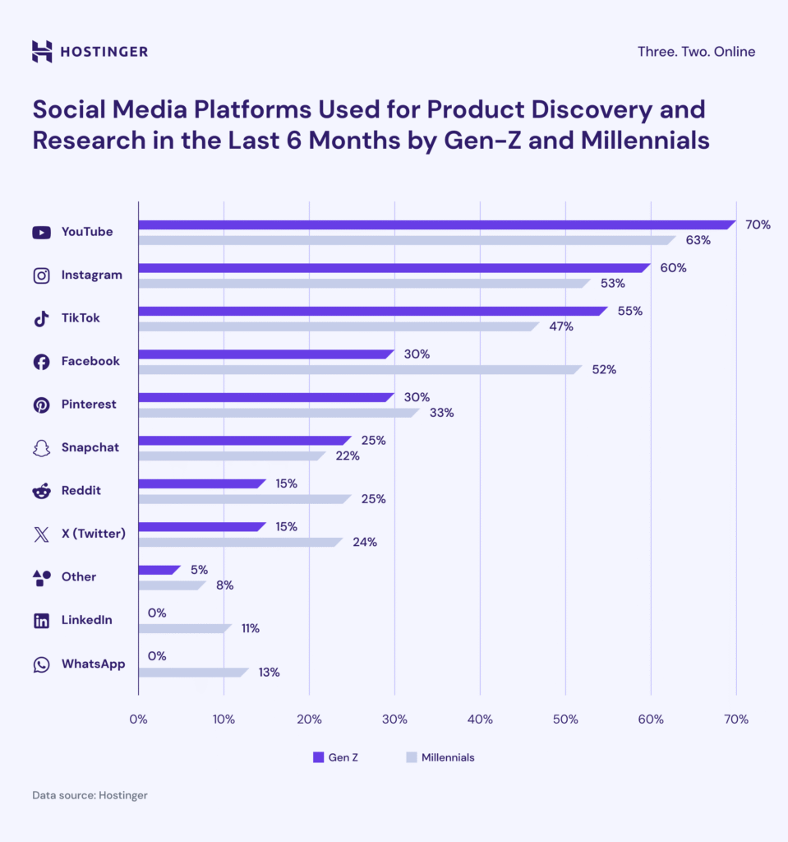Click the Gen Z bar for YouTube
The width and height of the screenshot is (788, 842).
(x=435, y=224)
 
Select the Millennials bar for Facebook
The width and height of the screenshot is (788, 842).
(x=359, y=370)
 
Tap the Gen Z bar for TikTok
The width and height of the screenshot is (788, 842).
(x=371, y=311)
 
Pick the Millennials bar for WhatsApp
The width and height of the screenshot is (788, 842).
(x=192, y=672)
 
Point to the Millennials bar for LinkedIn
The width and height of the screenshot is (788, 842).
(x=184, y=629)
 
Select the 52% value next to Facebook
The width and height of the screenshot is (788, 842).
(x=604, y=370)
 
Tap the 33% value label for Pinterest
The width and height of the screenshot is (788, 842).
(x=442, y=413)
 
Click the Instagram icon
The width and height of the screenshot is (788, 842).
(x=41, y=275)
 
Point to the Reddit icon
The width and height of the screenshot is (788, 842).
(x=41, y=491)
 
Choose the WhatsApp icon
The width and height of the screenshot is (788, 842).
(x=41, y=664)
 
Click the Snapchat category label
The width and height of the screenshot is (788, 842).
(x=90, y=447)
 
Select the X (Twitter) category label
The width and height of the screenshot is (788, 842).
(x=93, y=534)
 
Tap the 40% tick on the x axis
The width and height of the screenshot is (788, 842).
(x=480, y=719)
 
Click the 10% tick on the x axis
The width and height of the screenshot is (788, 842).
(x=223, y=719)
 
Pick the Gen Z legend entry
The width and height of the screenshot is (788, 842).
(x=335, y=757)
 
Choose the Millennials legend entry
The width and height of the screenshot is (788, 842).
(x=440, y=757)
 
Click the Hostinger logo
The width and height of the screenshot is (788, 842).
(x=90, y=52)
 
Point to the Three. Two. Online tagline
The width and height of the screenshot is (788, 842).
(x=696, y=52)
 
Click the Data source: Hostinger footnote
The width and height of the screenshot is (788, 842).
(x=90, y=795)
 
